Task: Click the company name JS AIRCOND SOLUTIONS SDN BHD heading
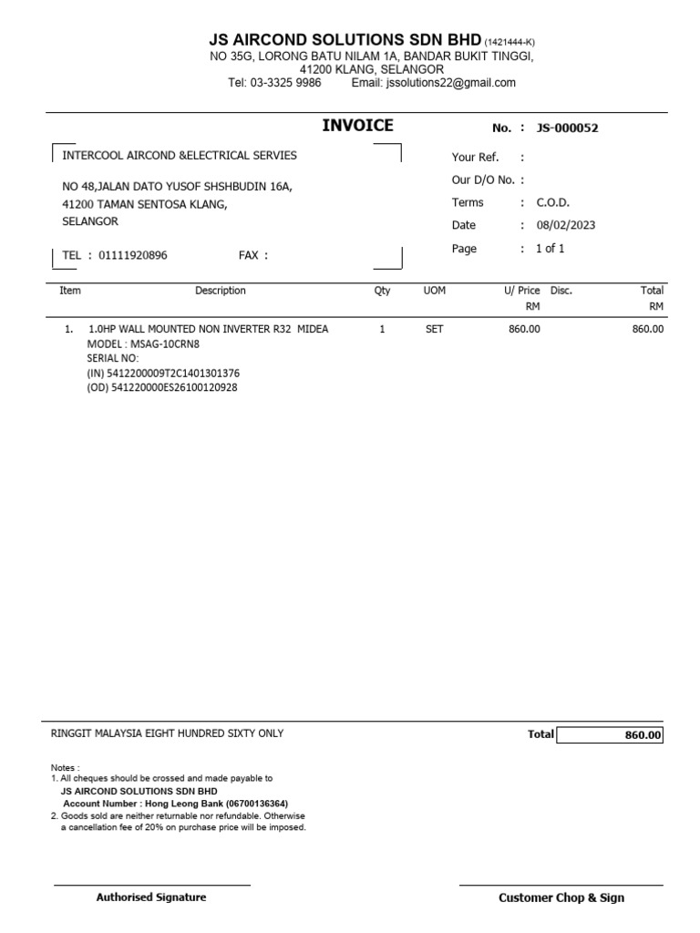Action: [345, 40]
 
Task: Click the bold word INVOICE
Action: [357, 126]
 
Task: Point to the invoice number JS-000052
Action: [567, 128]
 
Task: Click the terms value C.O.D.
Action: [552, 202]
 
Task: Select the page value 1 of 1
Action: [550, 249]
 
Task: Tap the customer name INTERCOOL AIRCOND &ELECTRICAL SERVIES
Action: [179, 156]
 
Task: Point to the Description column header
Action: [220, 291]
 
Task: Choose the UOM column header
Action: [434, 291]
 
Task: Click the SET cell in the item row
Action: [434, 329]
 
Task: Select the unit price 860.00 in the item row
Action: [524, 329]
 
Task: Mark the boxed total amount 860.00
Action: [643, 735]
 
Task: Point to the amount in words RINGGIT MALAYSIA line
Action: [168, 733]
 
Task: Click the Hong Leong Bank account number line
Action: [175, 804]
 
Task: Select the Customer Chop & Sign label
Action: [561, 897]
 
